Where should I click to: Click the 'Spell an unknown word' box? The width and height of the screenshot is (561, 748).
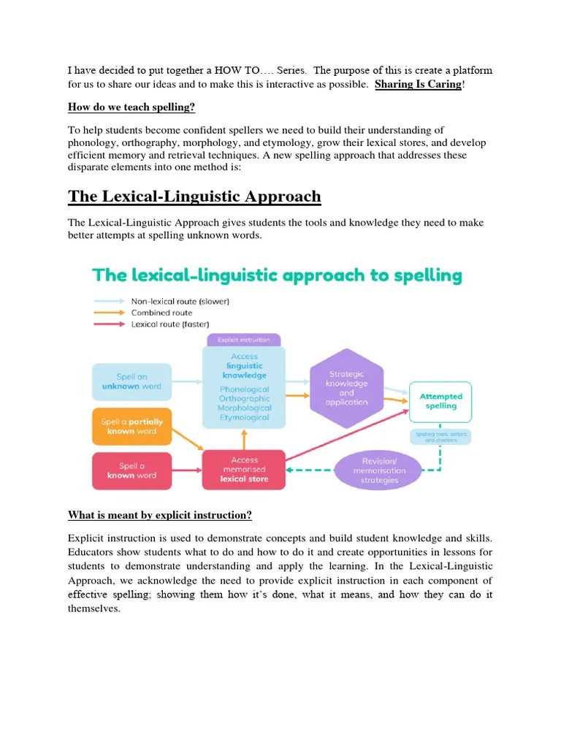point(132,381)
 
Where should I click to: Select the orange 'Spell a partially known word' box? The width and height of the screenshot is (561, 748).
point(132,427)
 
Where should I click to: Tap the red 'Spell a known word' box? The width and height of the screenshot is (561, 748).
point(132,470)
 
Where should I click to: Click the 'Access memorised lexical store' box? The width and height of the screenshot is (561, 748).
point(244,470)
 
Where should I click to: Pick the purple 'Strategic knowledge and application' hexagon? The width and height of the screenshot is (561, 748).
point(346,387)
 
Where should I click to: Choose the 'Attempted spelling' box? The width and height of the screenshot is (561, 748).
point(440,401)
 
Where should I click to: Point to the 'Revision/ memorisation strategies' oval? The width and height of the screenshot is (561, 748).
point(379,470)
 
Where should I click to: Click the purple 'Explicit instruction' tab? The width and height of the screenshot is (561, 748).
point(244,340)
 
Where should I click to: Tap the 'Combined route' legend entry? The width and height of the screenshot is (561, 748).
point(161,313)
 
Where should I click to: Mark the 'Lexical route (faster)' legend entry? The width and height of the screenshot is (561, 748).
point(169,324)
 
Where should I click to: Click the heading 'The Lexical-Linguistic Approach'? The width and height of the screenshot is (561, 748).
point(194,196)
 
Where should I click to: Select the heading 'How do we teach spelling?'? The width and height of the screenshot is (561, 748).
point(131,107)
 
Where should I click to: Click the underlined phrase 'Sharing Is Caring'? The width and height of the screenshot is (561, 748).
point(418,85)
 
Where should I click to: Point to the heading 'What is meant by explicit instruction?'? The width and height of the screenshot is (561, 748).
point(160,516)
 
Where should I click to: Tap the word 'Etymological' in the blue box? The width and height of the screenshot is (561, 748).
point(244,418)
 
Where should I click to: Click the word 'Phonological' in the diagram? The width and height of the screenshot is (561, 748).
point(244,389)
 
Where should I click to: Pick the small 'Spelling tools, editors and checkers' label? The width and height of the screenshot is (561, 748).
point(440,437)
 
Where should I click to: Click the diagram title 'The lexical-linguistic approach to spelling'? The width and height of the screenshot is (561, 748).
point(277,275)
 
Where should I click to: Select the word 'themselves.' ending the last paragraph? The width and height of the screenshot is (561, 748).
point(94,608)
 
